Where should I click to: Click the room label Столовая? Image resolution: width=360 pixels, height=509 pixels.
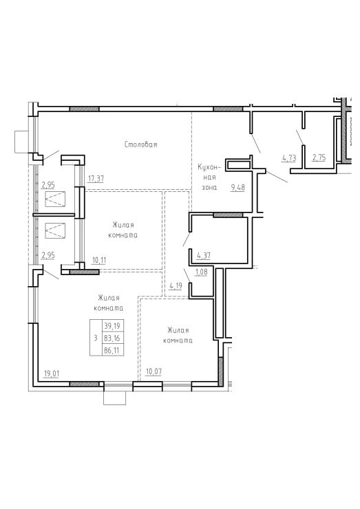coord(140,144)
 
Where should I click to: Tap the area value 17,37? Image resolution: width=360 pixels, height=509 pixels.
coord(96,178)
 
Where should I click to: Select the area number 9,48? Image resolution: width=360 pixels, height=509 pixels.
coord(237,188)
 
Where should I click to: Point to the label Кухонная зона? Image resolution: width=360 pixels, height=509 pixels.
coord(209,177)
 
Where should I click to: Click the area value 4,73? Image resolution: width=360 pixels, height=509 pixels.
coord(289,158)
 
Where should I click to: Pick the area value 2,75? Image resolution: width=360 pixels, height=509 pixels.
coord(319,158)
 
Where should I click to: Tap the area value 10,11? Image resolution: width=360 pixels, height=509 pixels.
coord(98,260)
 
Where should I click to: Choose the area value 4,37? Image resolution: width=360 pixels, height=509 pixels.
coord(204,256)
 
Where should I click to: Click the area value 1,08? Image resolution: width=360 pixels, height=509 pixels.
coord(201,272)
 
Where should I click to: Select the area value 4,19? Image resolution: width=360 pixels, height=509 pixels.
coord(176,286)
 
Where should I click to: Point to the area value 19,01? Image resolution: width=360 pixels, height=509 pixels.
coord(52,374)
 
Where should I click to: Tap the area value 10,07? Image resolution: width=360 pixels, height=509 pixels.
coord(153,371)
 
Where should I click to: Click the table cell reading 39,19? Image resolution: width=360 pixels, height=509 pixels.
coord(112,325)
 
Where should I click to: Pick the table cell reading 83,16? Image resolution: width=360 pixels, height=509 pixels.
coord(112,338)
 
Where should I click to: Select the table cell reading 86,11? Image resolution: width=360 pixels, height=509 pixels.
coord(112,351)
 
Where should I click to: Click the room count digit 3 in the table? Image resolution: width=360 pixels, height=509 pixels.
coord(95,338)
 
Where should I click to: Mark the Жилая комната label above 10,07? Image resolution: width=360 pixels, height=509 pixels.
coord(178,336)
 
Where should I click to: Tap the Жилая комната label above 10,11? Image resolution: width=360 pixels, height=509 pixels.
coord(123,230)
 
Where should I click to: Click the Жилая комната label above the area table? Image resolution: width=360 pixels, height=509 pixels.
coord(109,303)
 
